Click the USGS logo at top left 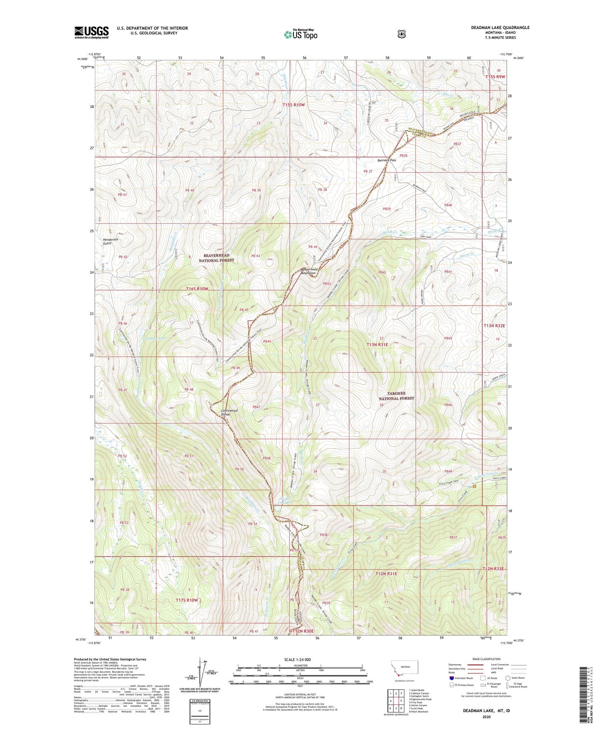(91, 32)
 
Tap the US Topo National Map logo (301, 34)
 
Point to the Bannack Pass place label (387, 160)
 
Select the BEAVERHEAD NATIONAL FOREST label (216, 258)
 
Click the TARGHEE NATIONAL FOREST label (396, 396)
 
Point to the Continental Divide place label (229, 412)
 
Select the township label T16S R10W (197, 289)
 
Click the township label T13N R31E (377, 344)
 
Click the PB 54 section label (253, 524)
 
